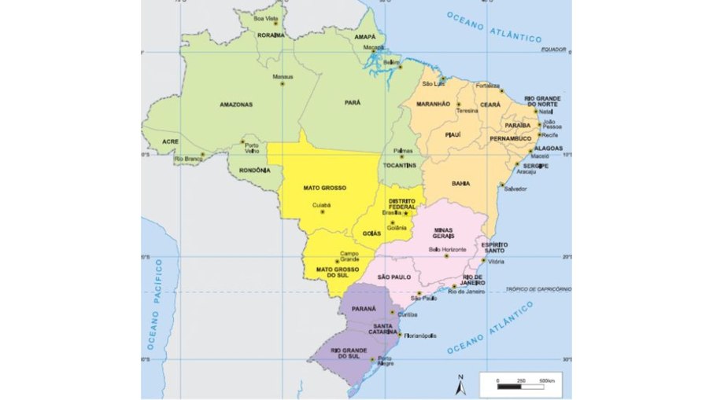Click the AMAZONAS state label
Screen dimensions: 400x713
[x=236, y=104]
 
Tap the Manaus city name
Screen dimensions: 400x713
[x=282, y=77]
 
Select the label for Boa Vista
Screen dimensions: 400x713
[x=266, y=18]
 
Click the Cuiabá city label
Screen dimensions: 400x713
[x=322, y=205]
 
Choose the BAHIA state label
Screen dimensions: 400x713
[x=460, y=183]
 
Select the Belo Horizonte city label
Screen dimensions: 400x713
[x=446, y=249]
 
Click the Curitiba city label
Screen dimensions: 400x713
[x=407, y=314]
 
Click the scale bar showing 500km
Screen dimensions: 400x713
[x=520, y=386]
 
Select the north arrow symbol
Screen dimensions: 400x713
[x=460, y=383]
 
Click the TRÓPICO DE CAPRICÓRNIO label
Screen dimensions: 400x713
[x=538, y=289]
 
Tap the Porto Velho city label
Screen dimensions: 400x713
[x=252, y=148]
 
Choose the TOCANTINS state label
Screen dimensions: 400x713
[x=401, y=167]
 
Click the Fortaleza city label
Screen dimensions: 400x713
[x=488, y=85]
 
